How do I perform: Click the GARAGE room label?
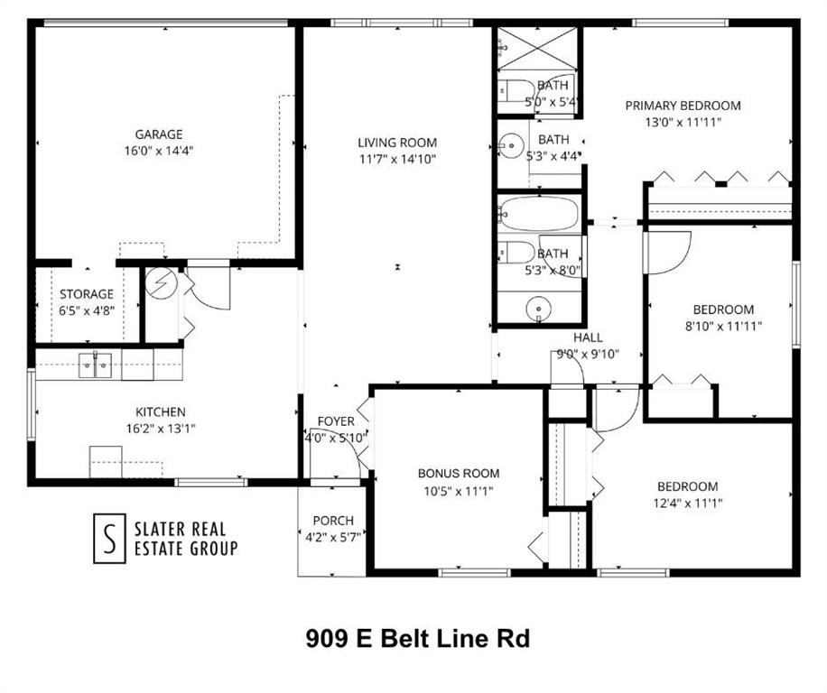[x=159, y=134]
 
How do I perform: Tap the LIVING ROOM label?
[x=397, y=143]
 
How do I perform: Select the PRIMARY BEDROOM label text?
[x=683, y=106]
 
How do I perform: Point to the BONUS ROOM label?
[x=459, y=473]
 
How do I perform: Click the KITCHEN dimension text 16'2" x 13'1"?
[x=161, y=429]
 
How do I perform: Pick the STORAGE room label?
[x=87, y=294]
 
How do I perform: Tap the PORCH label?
[x=333, y=521]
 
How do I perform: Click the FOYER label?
[x=335, y=421]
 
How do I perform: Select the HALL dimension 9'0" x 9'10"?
[x=588, y=354]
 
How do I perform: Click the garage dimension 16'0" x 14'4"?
[x=159, y=151]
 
